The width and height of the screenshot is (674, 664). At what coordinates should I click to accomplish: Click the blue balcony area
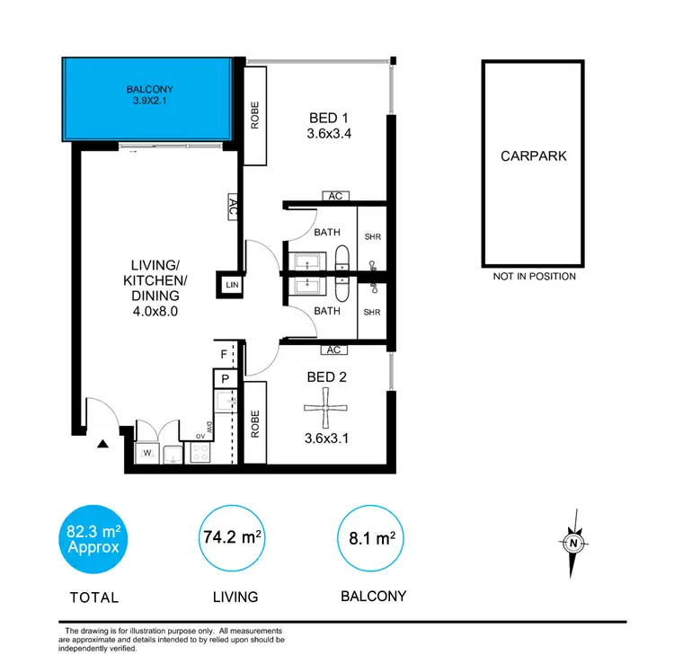pyautogui.click(x=149, y=96)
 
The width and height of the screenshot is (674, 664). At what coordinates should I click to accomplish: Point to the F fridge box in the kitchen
pyautogui.click(x=225, y=354)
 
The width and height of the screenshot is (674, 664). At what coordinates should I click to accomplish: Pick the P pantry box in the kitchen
pyautogui.click(x=226, y=378)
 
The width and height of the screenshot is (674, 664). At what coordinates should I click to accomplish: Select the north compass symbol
pyautogui.click(x=572, y=543)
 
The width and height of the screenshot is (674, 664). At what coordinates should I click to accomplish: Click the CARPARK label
pyautogui.click(x=534, y=156)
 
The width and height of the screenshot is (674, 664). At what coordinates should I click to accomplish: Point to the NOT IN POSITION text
pyautogui.click(x=534, y=277)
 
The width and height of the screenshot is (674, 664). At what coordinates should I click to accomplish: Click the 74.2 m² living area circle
pyautogui.click(x=232, y=539)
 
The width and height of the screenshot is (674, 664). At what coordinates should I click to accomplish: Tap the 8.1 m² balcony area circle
pyautogui.click(x=371, y=539)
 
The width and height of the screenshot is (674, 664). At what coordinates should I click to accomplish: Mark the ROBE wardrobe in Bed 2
pyautogui.click(x=255, y=422)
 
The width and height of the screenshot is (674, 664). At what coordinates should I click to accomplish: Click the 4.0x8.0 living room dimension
pyautogui.click(x=156, y=314)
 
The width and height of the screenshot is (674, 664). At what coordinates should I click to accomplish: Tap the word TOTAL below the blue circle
pyautogui.click(x=93, y=597)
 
